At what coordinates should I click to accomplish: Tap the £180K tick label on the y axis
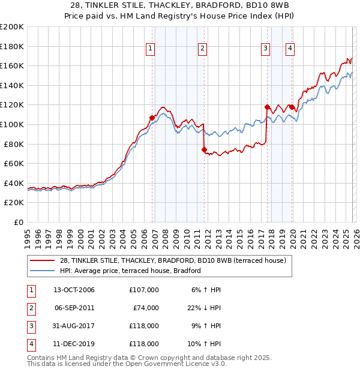point(11,46)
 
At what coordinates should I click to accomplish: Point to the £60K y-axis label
point(13,163)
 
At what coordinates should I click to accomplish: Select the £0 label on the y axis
point(19,222)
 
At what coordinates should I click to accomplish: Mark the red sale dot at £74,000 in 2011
point(205,150)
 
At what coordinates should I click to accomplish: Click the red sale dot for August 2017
point(268,107)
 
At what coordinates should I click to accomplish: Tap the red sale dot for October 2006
point(152,118)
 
